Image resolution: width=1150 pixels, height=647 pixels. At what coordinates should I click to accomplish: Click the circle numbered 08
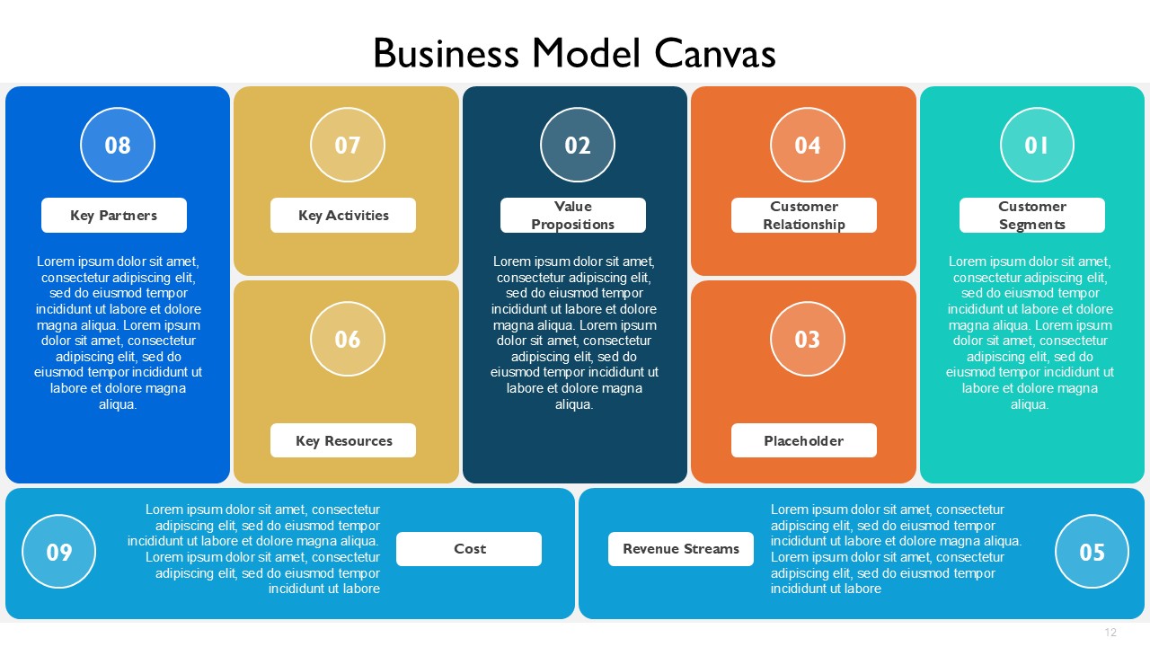click(x=118, y=145)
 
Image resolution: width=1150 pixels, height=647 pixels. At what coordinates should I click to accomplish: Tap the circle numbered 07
click(x=348, y=145)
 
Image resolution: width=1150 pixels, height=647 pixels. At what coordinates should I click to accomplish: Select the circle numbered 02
click(x=578, y=145)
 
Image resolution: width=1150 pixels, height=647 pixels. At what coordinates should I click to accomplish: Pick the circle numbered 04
click(x=808, y=145)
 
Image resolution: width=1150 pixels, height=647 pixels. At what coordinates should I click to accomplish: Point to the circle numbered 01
click(x=1037, y=145)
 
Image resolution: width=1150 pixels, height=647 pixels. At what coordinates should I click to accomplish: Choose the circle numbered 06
click(x=348, y=339)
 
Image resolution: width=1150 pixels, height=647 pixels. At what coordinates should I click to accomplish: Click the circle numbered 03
click(x=808, y=339)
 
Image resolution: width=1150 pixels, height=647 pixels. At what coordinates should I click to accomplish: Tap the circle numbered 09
click(x=59, y=552)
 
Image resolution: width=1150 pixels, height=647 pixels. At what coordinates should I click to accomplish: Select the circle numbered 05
click(x=1092, y=552)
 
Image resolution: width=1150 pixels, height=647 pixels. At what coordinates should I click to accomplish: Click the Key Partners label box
click(x=114, y=215)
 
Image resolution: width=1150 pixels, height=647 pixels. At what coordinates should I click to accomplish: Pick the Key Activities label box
click(x=343, y=215)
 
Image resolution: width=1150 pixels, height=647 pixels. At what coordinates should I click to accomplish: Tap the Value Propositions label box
click(x=573, y=215)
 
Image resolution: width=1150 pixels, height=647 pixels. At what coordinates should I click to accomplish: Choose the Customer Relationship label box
click(x=804, y=215)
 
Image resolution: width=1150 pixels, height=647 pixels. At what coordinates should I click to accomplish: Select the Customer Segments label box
click(x=1032, y=215)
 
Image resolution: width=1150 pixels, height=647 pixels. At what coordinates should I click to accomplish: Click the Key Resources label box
click(x=343, y=440)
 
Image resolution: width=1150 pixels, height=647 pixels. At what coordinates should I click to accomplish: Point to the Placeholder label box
click(x=804, y=440)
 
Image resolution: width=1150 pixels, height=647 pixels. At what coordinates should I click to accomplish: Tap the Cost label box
click(x=469, y=549)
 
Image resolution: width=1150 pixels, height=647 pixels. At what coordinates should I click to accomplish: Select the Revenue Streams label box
click(x=681, y=549)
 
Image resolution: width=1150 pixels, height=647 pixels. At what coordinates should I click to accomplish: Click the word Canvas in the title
click(x=714, y=53)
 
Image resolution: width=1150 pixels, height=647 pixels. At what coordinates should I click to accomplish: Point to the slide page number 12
click(x=1110, y=632)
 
